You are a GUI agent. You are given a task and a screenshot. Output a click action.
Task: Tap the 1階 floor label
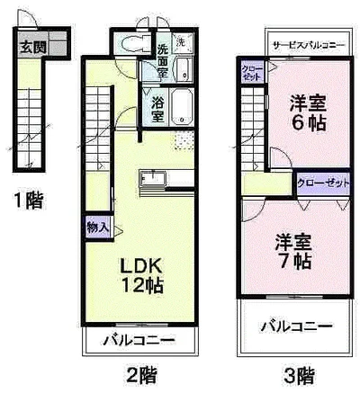point(26,201)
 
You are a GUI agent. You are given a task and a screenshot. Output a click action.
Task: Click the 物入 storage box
point(98,228)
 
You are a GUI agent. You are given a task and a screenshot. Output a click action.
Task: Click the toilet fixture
point(133,48)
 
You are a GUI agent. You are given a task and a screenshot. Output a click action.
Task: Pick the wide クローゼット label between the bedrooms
point(322,183)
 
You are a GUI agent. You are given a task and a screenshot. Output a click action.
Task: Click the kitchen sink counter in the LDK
point(153,178)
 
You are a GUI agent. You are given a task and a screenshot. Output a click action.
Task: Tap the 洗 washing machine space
point(181,42)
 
